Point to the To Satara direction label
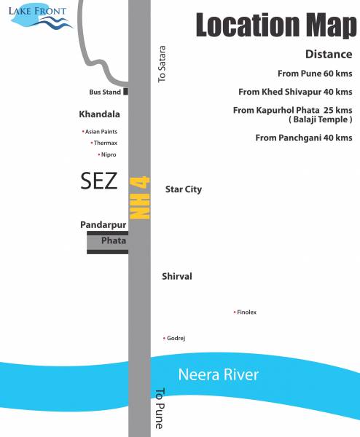(x=163, y=64)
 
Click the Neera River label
(x=219, y=375)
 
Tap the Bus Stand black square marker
(x=126, y=92)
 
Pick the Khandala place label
(x=99, y=114)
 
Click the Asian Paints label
(x=101, y=132)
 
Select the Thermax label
(x=105, y=143)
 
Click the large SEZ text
(x=98, y=181)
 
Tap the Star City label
(x=184, y=189)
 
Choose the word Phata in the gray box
(x=114, y=240)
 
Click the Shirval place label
(x=177, y=277)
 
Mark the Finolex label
(x=246, y=312)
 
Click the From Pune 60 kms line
(x=314, y=74)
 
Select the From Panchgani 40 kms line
(x=303, y=138)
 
